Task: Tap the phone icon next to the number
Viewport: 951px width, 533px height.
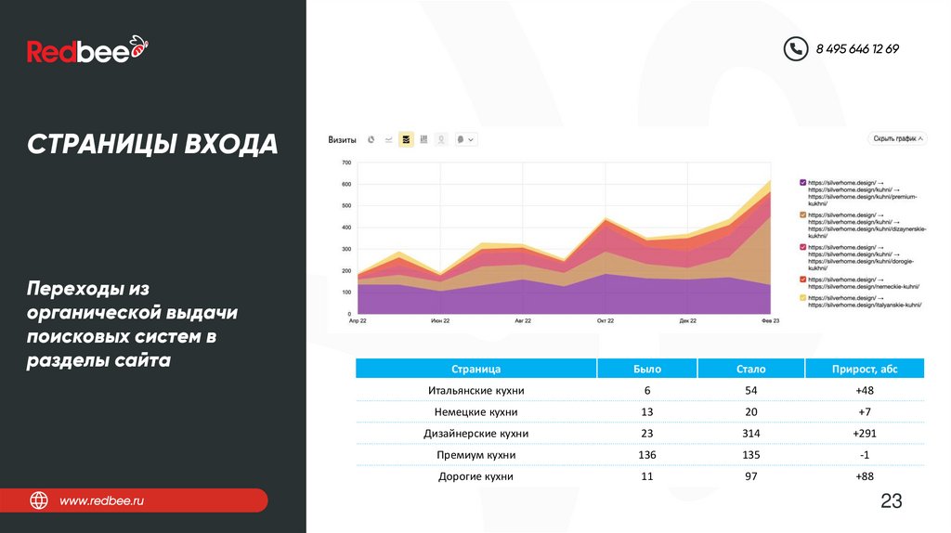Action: tap(795, 49)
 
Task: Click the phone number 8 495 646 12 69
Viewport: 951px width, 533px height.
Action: tap(857, 49)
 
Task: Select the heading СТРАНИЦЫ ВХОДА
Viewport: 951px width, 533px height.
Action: tap(152, 145)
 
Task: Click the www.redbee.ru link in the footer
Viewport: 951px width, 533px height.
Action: tap(102, 501)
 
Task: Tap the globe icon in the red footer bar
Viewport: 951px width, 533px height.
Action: tap(39, 501)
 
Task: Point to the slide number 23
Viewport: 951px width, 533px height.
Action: tap(891, 501)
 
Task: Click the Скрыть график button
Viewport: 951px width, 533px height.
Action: tap(898, 138)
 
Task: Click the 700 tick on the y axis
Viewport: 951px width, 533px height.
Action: tap(346, 162)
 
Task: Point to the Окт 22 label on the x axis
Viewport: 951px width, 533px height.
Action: tap(606, 320)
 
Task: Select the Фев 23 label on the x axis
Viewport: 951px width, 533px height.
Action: tap(770, 320)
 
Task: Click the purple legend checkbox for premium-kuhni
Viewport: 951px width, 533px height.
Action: tap(803, 183)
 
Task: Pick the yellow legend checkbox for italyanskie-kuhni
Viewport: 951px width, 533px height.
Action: tap(803, 297)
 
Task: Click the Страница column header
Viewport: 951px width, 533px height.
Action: tap(475, 369)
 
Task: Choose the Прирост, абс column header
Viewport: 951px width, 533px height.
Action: tap(865, 369)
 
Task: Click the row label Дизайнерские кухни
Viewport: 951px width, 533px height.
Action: tap(475, 434)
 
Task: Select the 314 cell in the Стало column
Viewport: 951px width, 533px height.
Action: tap(750, 434)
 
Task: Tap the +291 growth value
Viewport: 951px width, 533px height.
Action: tap(865, 434)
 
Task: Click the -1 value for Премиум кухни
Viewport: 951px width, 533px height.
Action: tap(865, 455)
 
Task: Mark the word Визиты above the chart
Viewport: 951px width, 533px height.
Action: tap(342, 140)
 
